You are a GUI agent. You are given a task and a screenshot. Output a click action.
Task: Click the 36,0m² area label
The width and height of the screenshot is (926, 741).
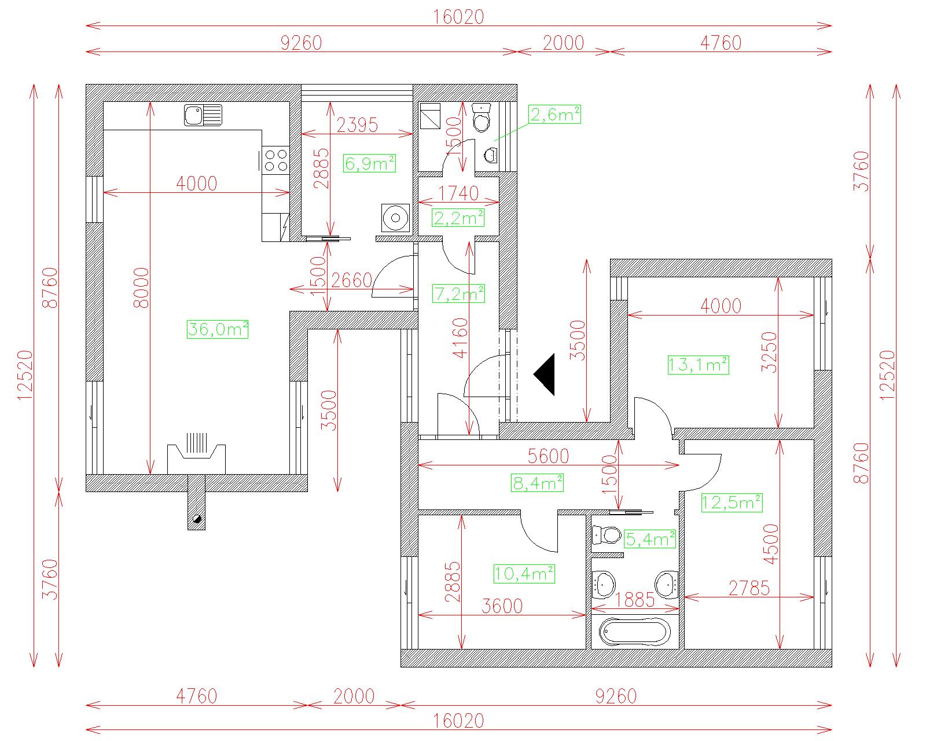pyautogui.click(x=218, y=329)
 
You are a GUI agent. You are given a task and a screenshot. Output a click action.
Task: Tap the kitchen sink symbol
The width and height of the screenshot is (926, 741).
pyautogui.click(x=203, y=115)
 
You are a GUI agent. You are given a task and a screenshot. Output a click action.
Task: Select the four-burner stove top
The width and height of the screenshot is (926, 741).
pyautogui.click(x=275, y=160)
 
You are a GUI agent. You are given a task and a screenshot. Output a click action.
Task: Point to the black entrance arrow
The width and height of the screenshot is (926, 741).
pyautogui.click(x=544, y=374)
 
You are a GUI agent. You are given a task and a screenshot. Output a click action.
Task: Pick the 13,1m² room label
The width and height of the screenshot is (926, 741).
pyautogui.click(x=699, y=365)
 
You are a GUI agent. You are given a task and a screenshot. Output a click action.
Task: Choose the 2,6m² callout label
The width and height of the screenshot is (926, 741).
pyautogui.click(x=554, y=115)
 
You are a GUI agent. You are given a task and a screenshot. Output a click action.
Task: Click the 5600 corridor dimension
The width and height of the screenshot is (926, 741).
pyautogui.click(x=548, y=456)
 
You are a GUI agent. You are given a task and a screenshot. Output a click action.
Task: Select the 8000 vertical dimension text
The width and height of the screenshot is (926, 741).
pyautogui.click(x=142, y=288)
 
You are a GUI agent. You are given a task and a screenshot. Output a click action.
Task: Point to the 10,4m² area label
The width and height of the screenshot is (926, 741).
pyautogui.click(x=524, y=574)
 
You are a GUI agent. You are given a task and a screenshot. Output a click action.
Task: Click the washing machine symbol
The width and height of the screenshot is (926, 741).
pyautogui.click(x=395, y=218)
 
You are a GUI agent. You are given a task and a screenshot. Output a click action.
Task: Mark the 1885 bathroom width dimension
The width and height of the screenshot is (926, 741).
pyautogui.click(x=635, y=600)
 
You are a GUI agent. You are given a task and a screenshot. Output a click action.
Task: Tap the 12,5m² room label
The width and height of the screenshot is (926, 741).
pyautogui.click(x=732, y=502)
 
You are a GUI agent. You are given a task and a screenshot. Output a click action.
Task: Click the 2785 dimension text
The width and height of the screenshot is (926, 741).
pyautogui.click(x=749, y=588)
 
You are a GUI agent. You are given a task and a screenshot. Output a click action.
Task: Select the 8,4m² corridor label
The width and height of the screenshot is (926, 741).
pyautogui.click(x=538, y=483)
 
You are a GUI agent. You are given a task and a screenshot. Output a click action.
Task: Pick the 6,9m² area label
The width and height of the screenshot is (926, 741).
pyautogui.click(x=369, y=164)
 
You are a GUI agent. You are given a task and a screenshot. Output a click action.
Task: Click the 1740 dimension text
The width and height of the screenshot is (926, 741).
pyautogui.click(x=458, y=193)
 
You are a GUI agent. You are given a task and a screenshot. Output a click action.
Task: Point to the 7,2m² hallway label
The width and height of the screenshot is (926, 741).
pyautogui.click(x=458, y=294)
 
